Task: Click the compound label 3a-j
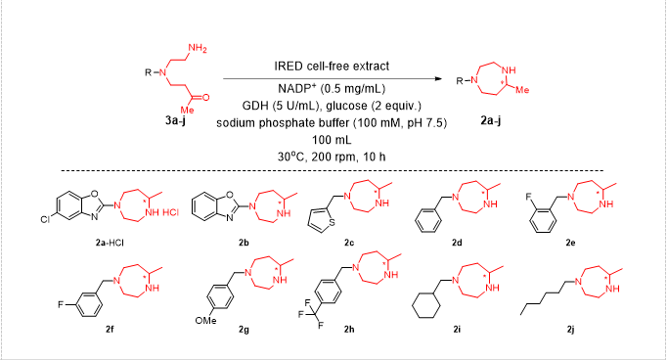[x=175, y=120]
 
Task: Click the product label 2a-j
[x=490, y=120]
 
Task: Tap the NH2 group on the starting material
[x=197, y=48]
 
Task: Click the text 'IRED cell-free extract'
[x=332, y=66]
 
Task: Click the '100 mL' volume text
[x=332, y=140]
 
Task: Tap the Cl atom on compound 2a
[x=45, y=220]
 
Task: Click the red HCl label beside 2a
[x=170, y=212]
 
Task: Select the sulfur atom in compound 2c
[x=332, y=222]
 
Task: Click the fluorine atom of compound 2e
[x=529, y=197]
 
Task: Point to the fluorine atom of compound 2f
[x=61, y=304]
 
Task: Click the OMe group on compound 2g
[x=206, y=321]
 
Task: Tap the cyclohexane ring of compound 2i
[x=425, y=305]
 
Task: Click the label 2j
[x=570, y=329]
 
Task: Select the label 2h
[x=349, y=329]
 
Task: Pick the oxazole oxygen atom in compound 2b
[x=230, y=196]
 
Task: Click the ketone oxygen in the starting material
[x=205, y=98]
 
